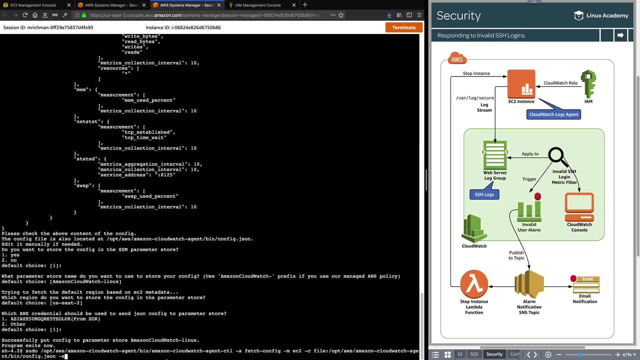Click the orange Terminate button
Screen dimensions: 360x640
pos(404,27)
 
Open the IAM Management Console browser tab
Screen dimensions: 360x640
pos(258,5)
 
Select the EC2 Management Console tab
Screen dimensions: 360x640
pos(33,5)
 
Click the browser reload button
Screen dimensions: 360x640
pos(25,15)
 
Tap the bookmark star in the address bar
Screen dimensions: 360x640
pos(341,15)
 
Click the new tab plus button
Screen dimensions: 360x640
pos(305,5)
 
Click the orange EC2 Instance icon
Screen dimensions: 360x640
pos(521,84)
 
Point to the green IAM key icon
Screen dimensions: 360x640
pos(588,84)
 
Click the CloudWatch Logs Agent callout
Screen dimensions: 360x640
pos(554,114)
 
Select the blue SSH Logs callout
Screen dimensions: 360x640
pos(484,194)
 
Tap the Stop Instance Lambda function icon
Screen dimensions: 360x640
pos(474,284)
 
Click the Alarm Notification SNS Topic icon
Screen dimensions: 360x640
pos(529,284)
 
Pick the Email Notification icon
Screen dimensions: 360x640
pos(586,285)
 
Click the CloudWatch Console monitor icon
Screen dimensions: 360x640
pos(579,207)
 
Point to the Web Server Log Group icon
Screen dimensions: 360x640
pos(495,155)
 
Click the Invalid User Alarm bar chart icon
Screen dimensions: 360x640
pos(529,210)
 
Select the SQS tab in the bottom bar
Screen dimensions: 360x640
pos(474,354)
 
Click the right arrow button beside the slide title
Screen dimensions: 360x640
pos(620,35)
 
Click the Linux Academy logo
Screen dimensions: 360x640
pos(601,16)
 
